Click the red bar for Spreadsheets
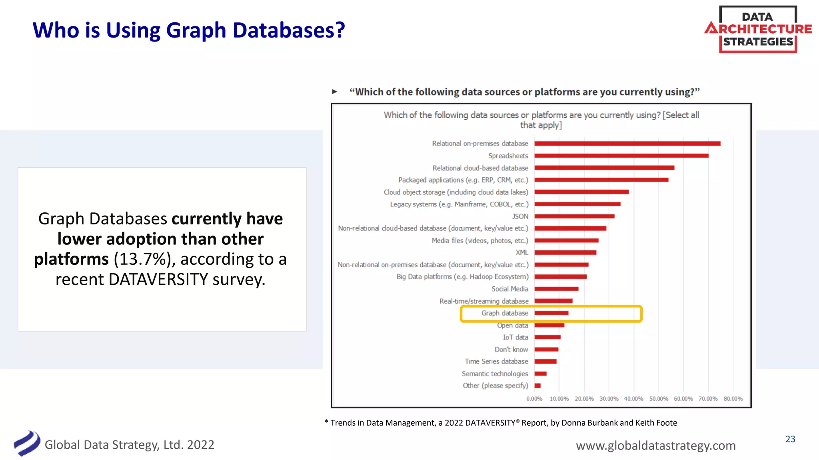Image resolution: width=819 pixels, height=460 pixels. (621, 156)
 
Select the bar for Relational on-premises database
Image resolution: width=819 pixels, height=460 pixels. (627, 143)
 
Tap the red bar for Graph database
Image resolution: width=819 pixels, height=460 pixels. (551, 313)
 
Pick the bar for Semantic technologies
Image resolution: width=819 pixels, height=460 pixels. (541, 374)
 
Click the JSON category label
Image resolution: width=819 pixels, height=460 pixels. (520, 216)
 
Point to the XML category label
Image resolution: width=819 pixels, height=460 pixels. (521, 253)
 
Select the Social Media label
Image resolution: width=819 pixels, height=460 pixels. (509, 289)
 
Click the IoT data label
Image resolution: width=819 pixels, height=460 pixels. (515, 337)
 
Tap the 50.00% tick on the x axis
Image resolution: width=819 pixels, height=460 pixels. (658, 399)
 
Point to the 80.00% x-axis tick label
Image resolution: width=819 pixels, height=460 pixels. (733, 399)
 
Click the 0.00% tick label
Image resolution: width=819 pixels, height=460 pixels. (534, 399)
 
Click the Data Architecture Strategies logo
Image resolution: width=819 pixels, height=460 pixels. (758, 29)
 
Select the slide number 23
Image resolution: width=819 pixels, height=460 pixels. (790, 439)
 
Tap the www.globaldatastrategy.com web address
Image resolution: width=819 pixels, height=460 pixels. (655, 446)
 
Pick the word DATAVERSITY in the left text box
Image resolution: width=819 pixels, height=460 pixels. (158, 280)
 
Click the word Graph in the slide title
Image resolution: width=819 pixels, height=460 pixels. (196, 30)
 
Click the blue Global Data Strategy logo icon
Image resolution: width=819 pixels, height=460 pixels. (27, 443)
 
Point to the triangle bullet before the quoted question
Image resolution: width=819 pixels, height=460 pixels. (335, 92)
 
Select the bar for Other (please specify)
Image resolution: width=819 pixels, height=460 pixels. (537, 386)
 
